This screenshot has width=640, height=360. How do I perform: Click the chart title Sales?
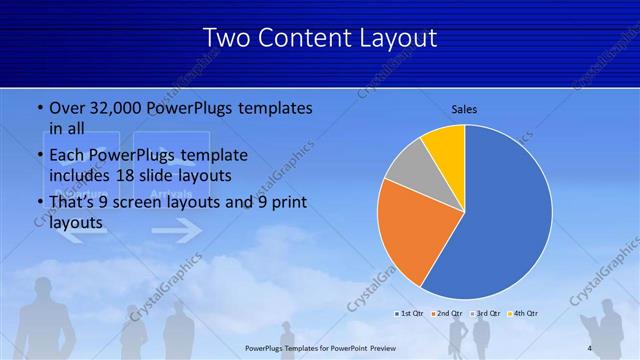464,109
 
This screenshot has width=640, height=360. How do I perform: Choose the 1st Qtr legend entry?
410,313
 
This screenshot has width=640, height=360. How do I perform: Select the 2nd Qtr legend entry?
446,313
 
